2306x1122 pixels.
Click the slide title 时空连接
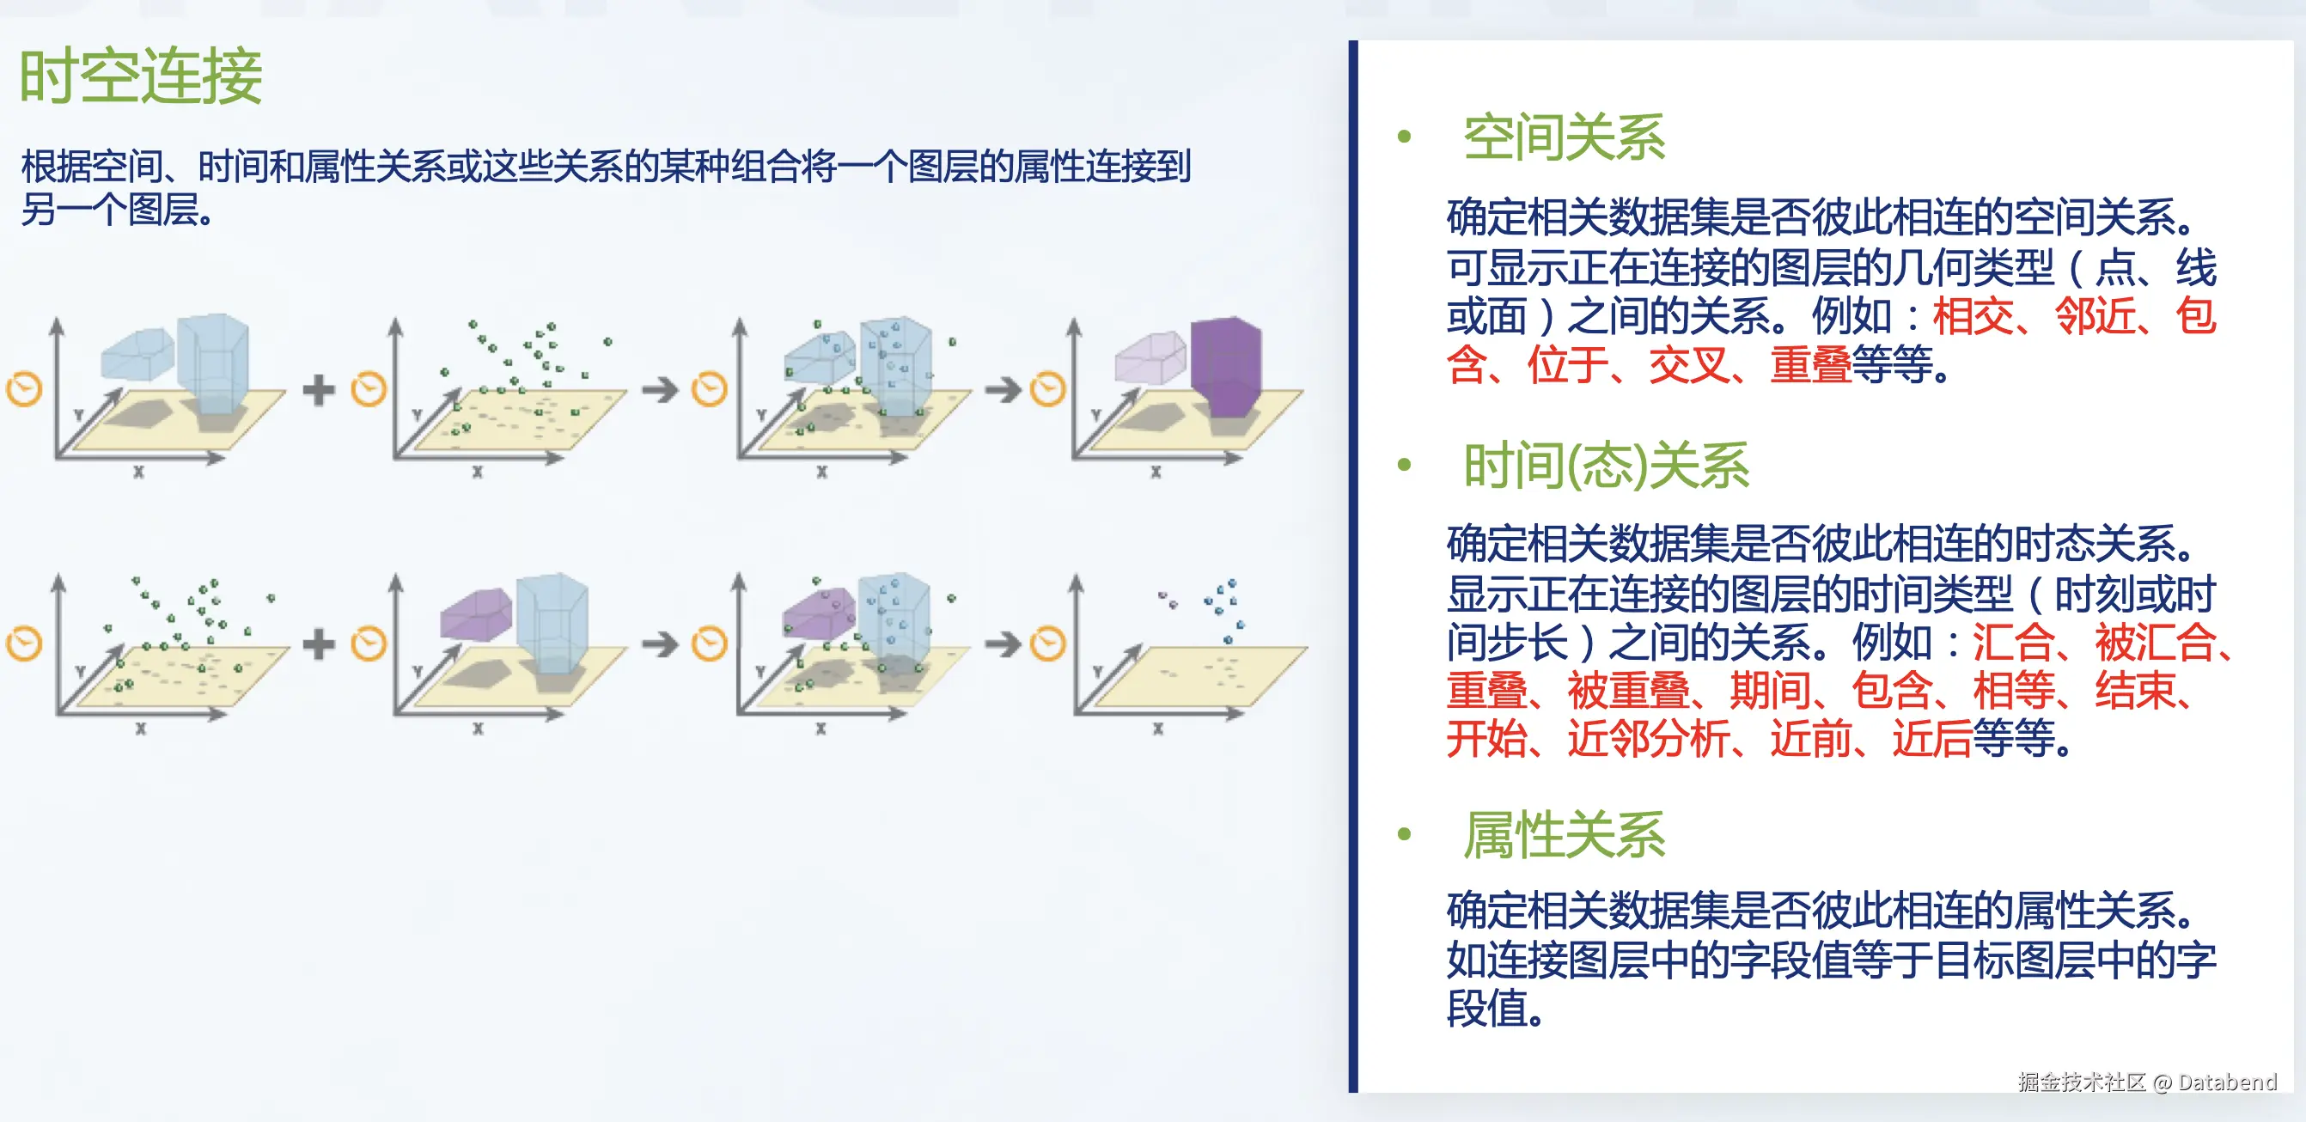[x=141, y=76]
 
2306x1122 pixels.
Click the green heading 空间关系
[x=1564, y=138]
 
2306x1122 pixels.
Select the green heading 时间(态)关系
[x=1606, y=466]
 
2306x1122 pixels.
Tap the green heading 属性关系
[x=1564, y=834]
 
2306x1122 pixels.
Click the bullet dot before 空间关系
[x=1404, y=137]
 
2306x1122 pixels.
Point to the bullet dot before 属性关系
[x=1404, y=833]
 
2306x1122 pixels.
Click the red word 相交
[x=1972, y=316]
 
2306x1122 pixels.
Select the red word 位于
[x=1566, y=365]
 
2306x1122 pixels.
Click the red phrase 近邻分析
[x=1648, y=739]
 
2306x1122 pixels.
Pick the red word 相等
[x=2013, y=691]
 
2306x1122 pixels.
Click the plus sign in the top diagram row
[x=319, y=390]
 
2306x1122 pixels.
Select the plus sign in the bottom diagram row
[x=319, y=643]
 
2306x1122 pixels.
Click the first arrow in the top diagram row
[x=661, y=389]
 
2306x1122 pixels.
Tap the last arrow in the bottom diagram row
[x=1003, y=643]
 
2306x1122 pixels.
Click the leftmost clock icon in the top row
[x=24, y=389]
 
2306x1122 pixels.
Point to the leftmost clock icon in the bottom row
[x=24, y=643]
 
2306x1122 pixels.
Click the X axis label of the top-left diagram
[x=138, y=472]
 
